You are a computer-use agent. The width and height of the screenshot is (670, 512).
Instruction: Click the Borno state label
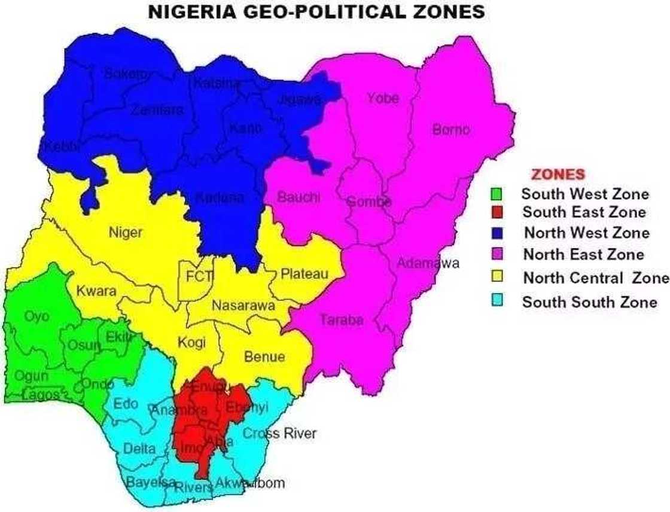[x=451, y=129]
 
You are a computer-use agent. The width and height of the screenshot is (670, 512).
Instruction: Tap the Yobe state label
[x=383, y=98]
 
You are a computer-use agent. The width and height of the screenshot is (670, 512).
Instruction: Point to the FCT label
[x=197, y=277]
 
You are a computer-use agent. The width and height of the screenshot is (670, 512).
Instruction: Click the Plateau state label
[x=304, y=274]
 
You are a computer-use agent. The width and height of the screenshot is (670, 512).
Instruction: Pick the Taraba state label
[x=342, y=320]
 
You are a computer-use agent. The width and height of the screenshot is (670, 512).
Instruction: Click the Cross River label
[x=279, y=434]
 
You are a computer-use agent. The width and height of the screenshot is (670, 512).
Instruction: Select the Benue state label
[x=264, y=357]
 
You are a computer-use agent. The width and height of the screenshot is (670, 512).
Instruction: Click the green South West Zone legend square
[x=496, y=194]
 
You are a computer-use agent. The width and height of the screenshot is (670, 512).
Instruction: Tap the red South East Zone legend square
[x=496, y=212]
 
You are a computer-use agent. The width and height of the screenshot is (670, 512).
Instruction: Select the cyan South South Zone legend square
[x=496, y=302]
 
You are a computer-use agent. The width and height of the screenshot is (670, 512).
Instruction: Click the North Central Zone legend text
[x=596, y=278]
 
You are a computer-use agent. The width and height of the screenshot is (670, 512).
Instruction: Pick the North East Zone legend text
[x=584, y=254]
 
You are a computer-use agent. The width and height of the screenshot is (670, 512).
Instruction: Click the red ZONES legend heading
[x=558, y=174]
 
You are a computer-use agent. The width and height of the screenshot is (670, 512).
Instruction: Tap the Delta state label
[x=139, y=448]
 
